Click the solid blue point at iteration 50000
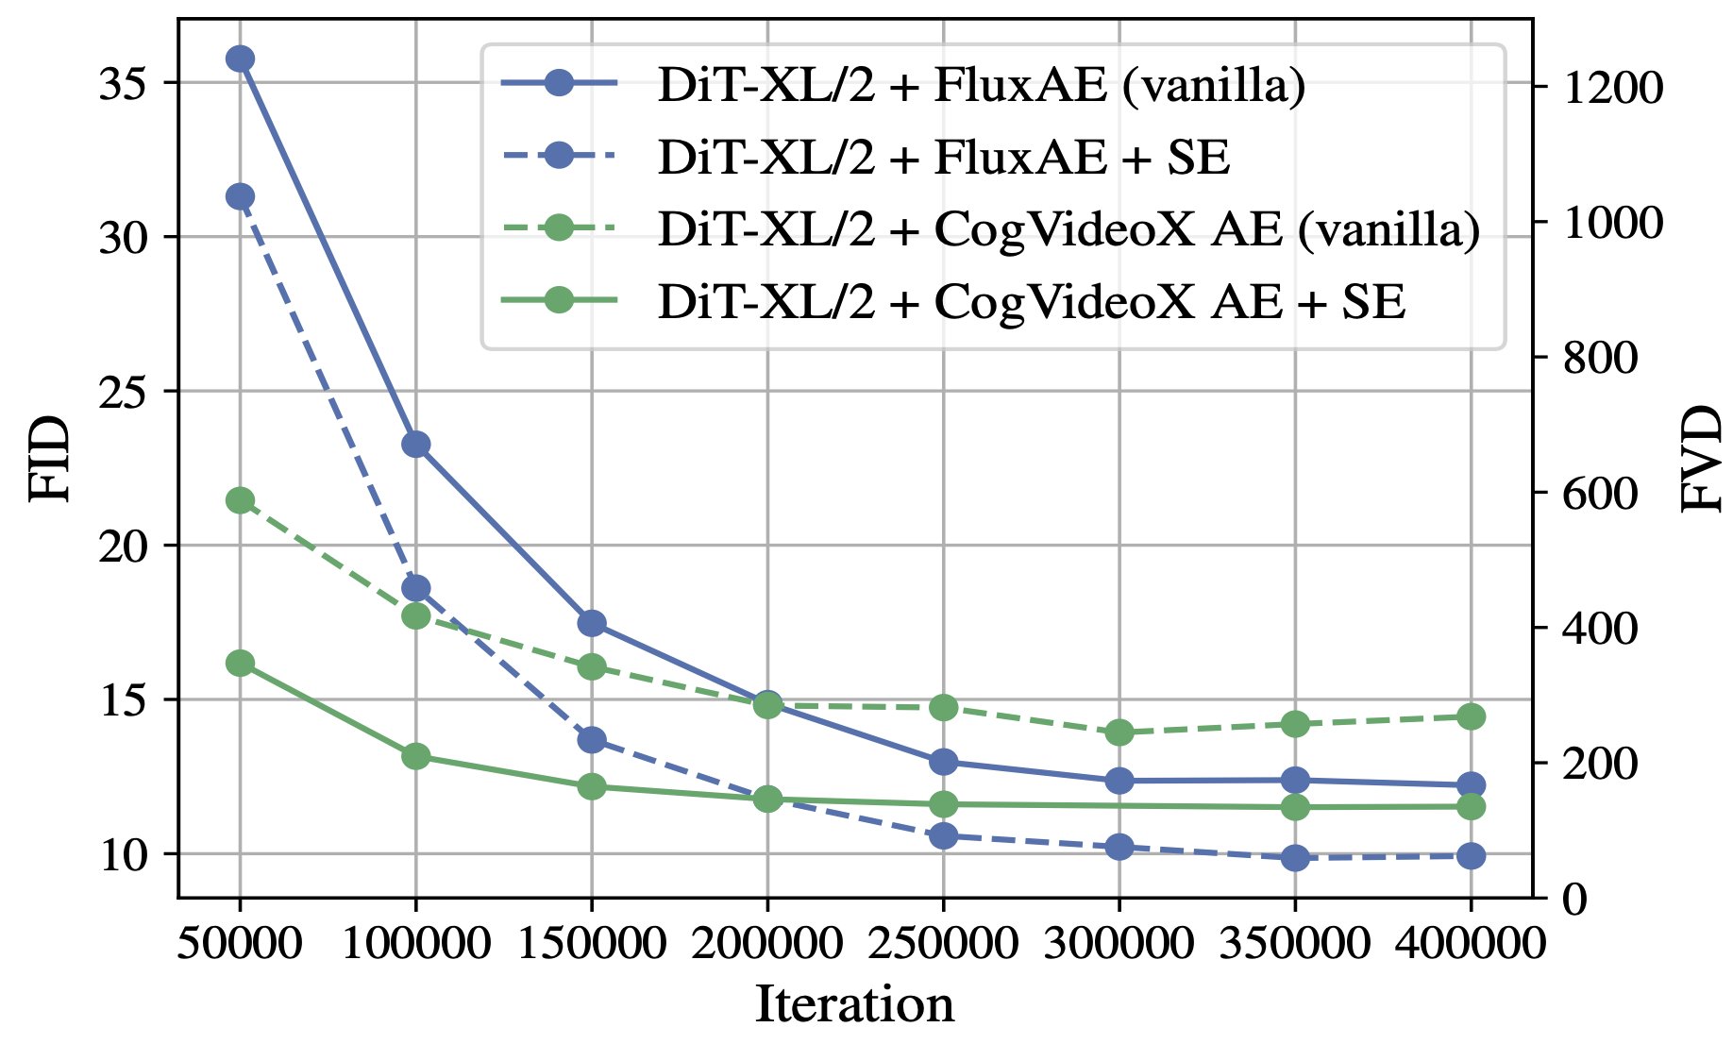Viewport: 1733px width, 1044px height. pyautogui.click(x=240, y=59)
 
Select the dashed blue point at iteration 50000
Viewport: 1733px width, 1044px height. pyautogui.click(x=240, y=196)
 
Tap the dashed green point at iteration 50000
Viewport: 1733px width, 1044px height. pyautogui.click(x=240, y=500)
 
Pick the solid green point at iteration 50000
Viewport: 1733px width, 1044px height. pyautogui.click(x=240, y=664)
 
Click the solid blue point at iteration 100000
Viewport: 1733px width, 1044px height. pyautogui.click(x=416, y=444)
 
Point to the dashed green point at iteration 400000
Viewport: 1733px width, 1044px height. pyautogui.click(x=1472, y=716)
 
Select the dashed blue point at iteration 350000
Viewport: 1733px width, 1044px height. pyautogui.click(x=1295, y=858)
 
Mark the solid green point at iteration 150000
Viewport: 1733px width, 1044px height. pyautogui.click(x=592, y=786)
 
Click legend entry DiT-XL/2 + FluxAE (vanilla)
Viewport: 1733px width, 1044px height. pyautogui.click(x=982, y=86)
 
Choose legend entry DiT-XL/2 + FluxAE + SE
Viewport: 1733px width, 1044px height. pyautogui.click(x=944, y=158)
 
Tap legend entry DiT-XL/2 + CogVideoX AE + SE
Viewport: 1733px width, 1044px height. pyautogui.click(x=1032, y=302)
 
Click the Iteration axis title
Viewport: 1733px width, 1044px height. pyautogui.click(x=854, y=1003)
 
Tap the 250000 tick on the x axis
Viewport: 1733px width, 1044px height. pyautogui.click(x=943, y=943)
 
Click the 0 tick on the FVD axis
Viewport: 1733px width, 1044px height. pyautogui.click(x=1574, y=900)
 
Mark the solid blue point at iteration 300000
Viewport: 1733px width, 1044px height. pyautogui.click(x=1119, y=781)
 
